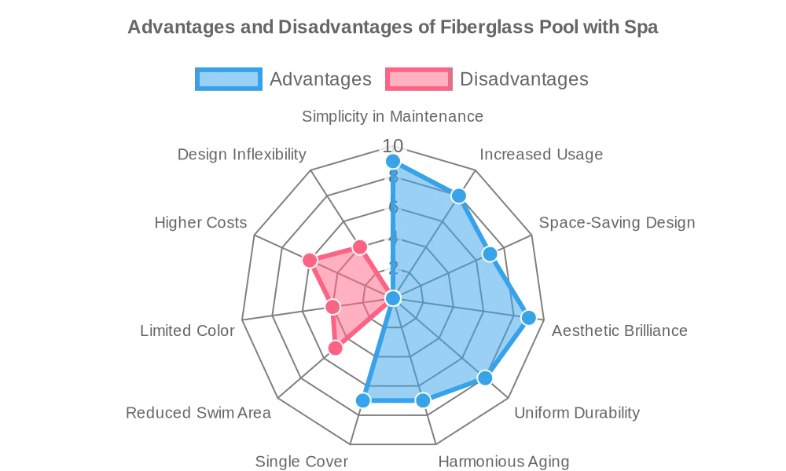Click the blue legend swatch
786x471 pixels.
[x=229, y=78]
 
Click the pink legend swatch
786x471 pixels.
[x=418, y=78]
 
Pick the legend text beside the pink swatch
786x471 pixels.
[x=523, y=78]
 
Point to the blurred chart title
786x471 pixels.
[x=393, y=29]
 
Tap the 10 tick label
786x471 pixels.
[x=393, y=145]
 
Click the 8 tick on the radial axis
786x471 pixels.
[x=393, y=177]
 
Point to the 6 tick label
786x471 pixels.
[x=393, y=207]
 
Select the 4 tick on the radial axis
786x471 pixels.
[x=393, y=237]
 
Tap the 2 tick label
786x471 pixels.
[x=393, y=268]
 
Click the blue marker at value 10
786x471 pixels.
[x=393, y=161]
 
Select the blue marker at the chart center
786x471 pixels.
[x=393, y=298]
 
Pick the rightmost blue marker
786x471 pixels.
[x=529, y=317]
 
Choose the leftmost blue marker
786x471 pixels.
[x=362, y=400]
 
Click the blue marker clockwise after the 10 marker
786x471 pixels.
[x=458, y=195]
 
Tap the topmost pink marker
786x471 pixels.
[x=360, y=247]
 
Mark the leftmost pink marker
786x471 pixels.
[x=310, y=260]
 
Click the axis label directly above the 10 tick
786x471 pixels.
[x=393, y=118]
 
